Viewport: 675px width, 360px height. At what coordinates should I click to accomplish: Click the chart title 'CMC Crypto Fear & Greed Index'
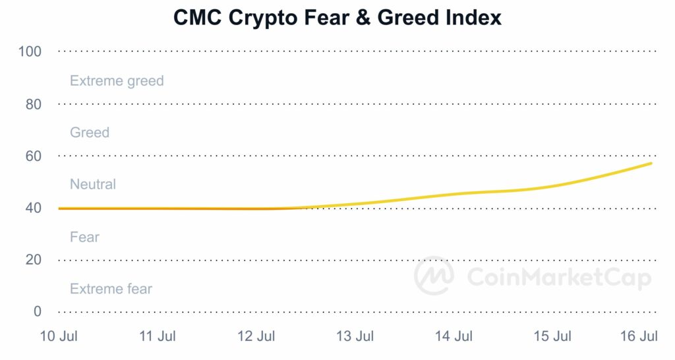[x=337, y=18]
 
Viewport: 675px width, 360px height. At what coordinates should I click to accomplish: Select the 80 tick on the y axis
[x=33, y=104]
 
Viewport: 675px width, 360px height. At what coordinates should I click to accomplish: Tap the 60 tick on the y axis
[x=33, y=156]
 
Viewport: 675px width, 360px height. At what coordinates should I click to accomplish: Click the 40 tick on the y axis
[x=33, y=208]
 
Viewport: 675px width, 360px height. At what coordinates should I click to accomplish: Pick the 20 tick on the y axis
[x=33, y=260]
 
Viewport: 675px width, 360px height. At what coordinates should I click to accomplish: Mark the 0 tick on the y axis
[x=37, y=311]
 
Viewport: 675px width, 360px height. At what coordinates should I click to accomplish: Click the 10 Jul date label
[x=59, y=337]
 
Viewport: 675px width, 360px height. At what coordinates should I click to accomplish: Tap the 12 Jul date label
[x=256, y=337]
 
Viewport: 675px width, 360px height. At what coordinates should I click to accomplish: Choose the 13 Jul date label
[x=355, y=337]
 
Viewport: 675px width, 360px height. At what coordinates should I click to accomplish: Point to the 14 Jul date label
[x=454, y=337]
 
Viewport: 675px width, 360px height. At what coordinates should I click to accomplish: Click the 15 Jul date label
[x=552, y=337]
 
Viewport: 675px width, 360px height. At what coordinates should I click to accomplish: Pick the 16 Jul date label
[x=639, y=337]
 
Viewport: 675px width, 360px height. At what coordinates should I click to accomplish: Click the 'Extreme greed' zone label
[x=117, y=81]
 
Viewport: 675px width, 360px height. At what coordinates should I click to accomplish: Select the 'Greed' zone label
[x=90, y=133]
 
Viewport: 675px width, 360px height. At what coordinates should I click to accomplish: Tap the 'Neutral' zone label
[x=93, y=185]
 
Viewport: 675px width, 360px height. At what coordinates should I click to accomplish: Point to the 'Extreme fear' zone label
[x=111, y=289]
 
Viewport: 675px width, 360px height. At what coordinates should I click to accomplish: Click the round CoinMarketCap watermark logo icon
[x=434, y=276]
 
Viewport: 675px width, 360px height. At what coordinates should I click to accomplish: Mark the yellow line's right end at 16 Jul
[x=651, y=163]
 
